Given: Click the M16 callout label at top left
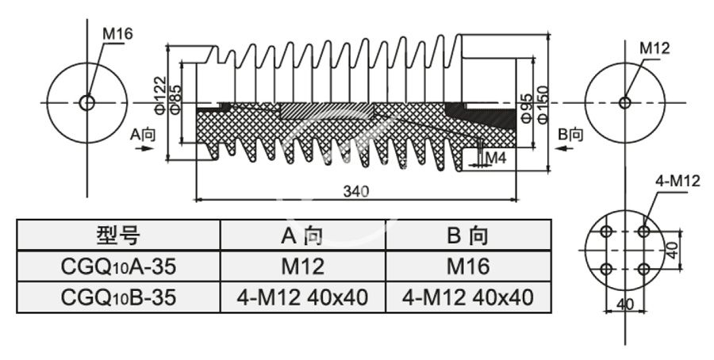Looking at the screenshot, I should [x=117, y=33].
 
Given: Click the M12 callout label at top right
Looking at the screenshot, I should [x=654, y=48].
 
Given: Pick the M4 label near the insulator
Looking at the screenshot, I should [x=496, y=158].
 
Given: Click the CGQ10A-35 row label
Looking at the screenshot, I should [x=118, y=266].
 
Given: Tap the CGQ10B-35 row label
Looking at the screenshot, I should [x=118, y=297].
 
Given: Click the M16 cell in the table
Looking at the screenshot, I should [x=466, y=266].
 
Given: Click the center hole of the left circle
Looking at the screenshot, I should [x=86, y=102].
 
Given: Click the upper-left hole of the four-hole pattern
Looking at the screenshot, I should [x=607, y=232].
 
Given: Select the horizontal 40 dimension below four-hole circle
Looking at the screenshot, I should [x=625, y=304].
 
